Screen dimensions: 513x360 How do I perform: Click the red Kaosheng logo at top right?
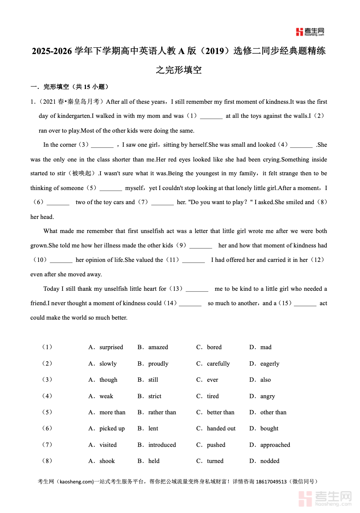pos(310,32)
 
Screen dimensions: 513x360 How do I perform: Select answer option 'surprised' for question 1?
pos(111,347)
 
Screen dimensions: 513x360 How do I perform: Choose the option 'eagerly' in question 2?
pos(269,364)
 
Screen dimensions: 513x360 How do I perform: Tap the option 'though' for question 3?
pos(108,380)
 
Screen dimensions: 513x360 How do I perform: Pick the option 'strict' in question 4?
pos(154,396)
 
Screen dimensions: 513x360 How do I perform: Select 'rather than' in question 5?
pos(162,412)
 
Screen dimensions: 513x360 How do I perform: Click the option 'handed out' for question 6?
pos(221,428)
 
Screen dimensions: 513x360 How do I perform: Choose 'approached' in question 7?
pos(275,445)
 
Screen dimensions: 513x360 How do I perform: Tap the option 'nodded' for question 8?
pos(269,461)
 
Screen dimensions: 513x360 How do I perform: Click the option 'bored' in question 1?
pos(214,347)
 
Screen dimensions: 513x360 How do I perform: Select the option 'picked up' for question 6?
pos(112,428)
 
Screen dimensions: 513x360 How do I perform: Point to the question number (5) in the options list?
pos(47,412)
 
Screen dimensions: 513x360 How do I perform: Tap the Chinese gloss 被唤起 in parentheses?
pos(82,174)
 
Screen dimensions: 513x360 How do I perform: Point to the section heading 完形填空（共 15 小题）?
pos(76,87)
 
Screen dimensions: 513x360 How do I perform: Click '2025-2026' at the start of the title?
pos(52,51)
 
